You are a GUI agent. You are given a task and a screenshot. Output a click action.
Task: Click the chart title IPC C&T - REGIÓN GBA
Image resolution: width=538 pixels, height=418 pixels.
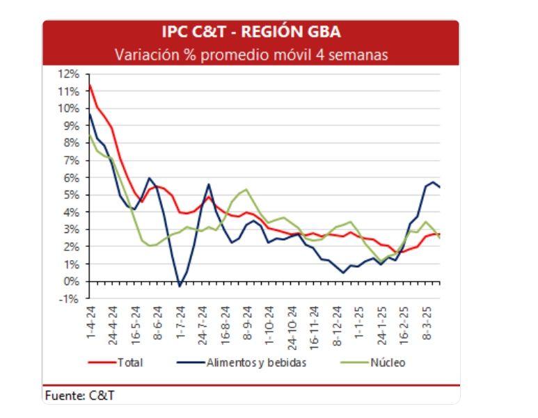point(251,32)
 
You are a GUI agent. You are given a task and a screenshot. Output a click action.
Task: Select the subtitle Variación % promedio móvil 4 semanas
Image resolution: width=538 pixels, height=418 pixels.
point(251,54)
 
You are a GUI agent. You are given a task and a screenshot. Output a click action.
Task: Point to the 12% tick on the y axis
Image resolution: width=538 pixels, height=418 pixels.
point(69,74)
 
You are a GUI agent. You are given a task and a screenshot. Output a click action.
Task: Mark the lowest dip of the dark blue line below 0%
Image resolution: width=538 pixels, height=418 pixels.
point(180,286)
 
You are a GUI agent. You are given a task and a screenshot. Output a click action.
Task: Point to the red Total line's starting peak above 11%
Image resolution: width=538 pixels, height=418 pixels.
point(89,85)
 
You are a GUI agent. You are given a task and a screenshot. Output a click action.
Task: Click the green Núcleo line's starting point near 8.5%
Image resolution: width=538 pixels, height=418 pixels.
point(89,135)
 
